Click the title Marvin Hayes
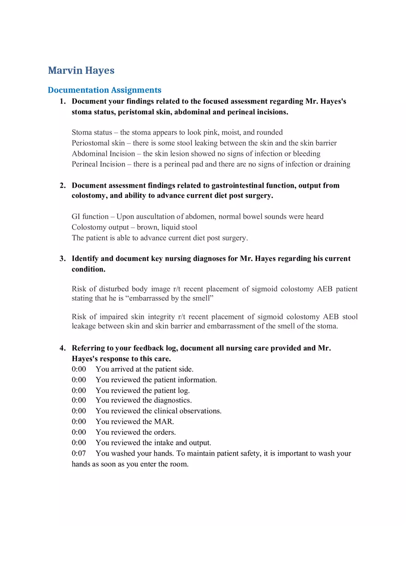click(81, 71)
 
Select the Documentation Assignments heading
click(105, 90)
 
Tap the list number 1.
click(62, 101)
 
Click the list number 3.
click(62, 259)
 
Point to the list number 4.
click(62, 348)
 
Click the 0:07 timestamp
click(79, 454)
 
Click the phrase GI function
click(90, 217)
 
